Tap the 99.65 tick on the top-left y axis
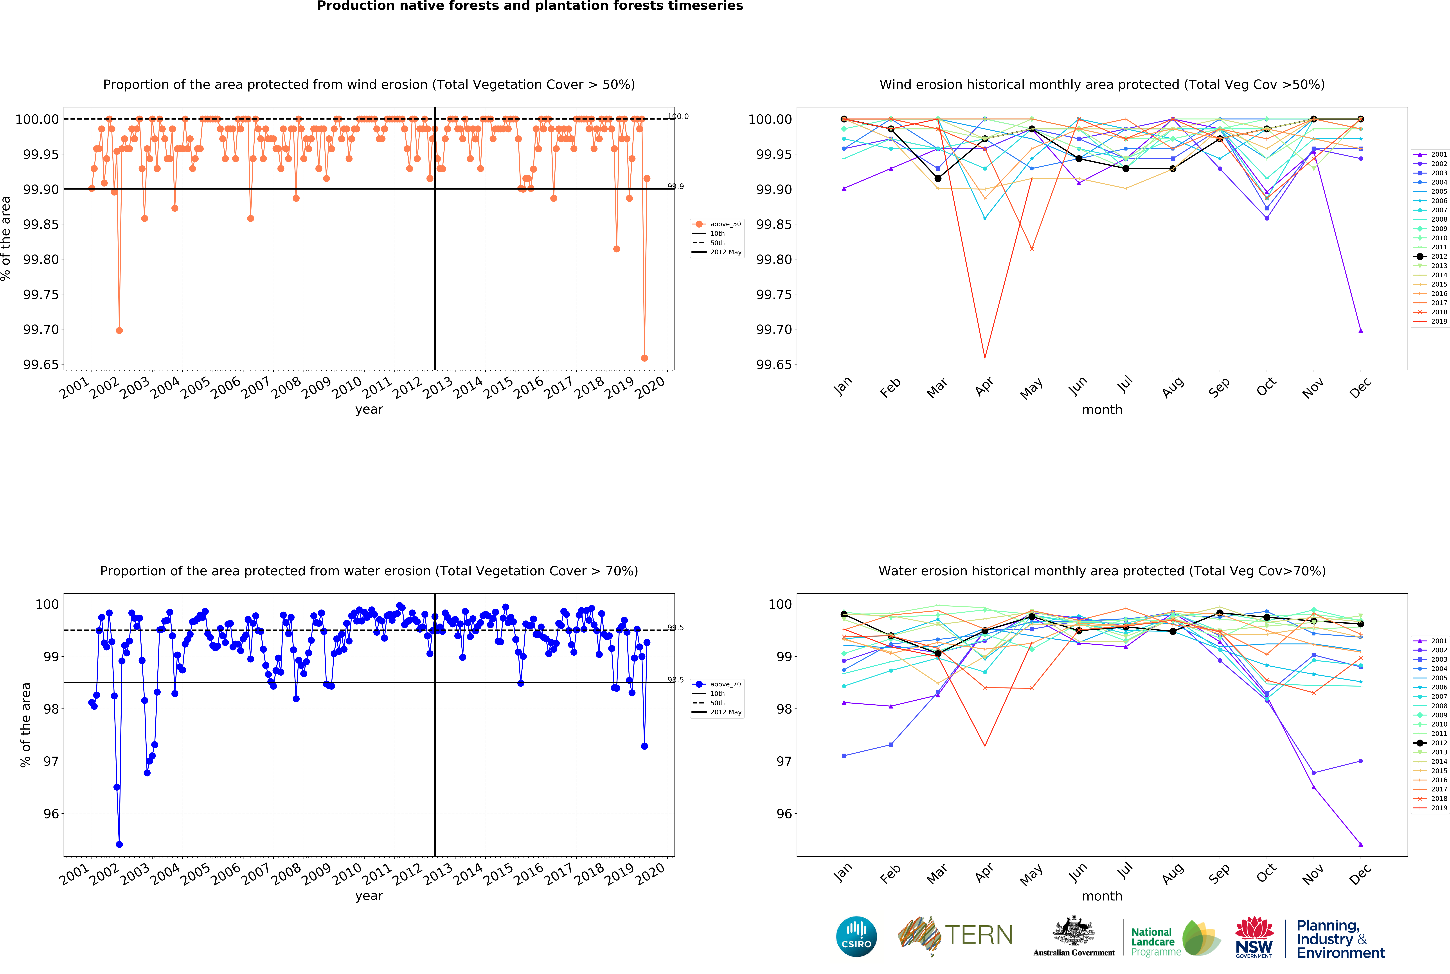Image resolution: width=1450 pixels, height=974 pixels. point(41,365)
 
